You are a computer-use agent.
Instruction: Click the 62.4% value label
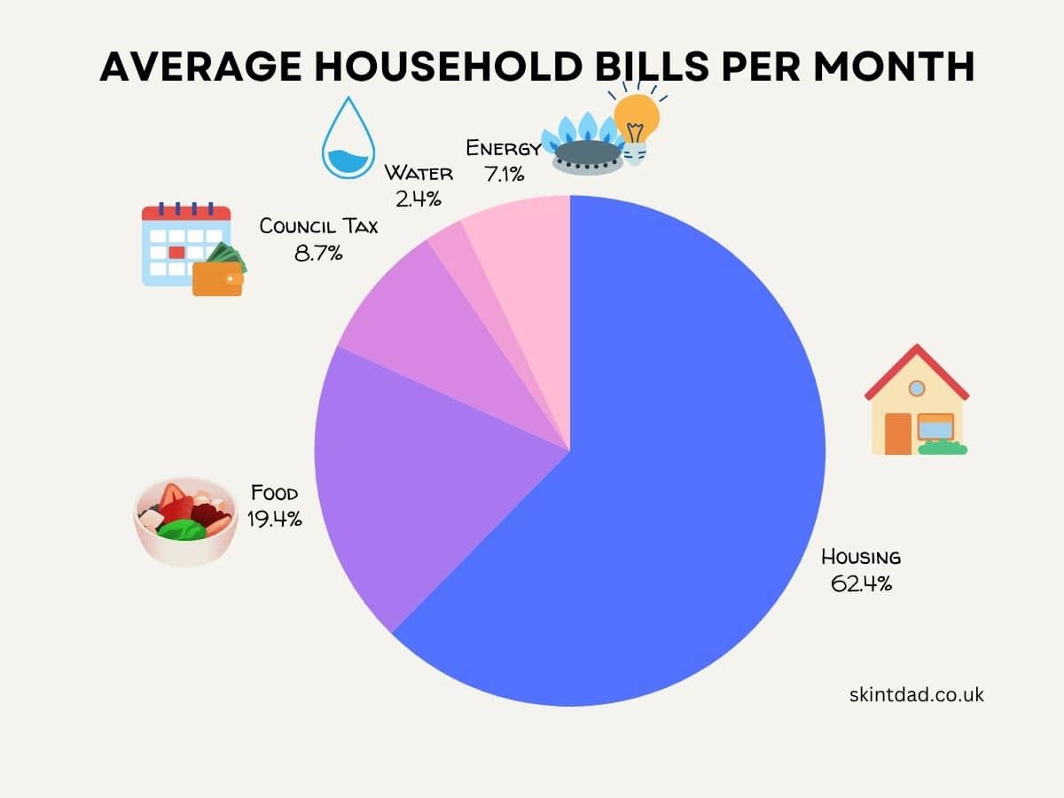pos(860,583)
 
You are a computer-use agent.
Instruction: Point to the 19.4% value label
pos(275,519)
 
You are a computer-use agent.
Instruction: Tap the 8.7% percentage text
pos(318,253)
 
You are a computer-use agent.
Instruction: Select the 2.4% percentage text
pos(418,199)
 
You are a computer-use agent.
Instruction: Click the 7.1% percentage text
pos(504,174)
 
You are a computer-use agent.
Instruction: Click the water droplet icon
pos(348,140)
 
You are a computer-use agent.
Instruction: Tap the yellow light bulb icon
pos(637,124)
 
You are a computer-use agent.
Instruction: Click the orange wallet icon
pos(217,278)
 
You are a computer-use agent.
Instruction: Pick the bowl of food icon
pos(184,523)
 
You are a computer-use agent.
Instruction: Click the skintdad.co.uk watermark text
pos(915,695)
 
